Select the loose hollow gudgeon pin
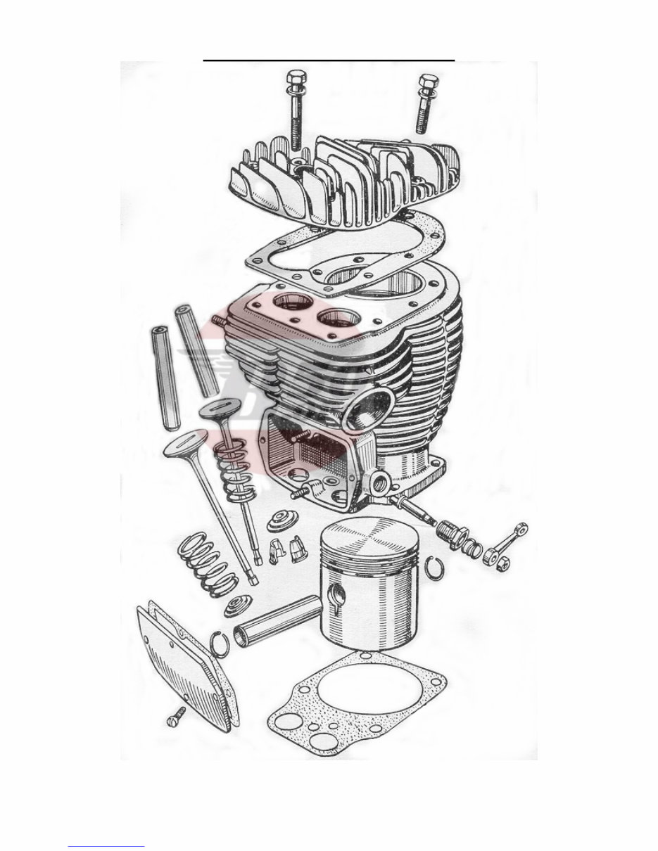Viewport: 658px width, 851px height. [x=277, y=620]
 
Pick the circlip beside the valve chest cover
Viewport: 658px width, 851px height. [x=220, y=644]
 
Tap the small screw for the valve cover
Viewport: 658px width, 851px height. [x=175, y=717]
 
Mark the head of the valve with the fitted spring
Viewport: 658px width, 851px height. [x=220, y=408]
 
